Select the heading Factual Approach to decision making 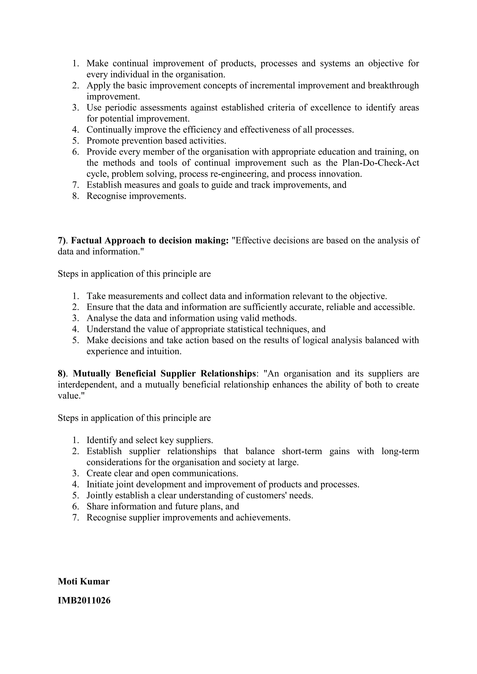(150, 240)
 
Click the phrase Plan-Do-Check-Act (381, 163)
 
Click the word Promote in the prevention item (103, 141)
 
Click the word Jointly (100, 495)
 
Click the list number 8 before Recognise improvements (75, 196)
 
